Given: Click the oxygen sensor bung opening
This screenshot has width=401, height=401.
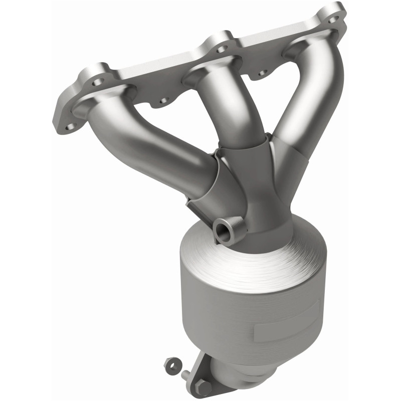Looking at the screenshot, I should click(x=222, y=231).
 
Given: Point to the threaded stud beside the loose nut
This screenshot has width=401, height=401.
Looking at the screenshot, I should click(x=186, y=374).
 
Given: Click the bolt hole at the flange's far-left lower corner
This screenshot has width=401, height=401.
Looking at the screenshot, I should click(x=71, y=126).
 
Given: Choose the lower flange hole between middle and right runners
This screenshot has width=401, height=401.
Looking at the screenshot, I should click(x=262, y=73).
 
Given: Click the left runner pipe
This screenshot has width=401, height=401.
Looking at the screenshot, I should click(x=150, y=145).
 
